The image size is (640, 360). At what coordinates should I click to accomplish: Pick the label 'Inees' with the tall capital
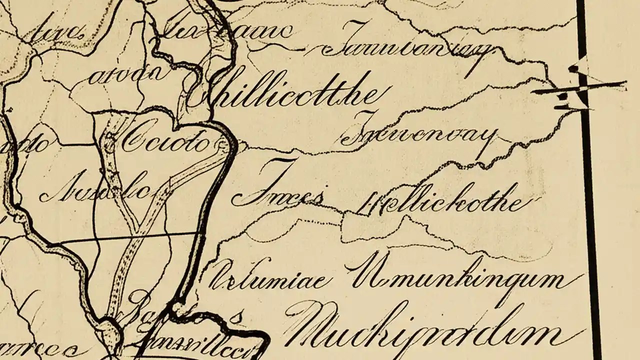pyautogui.click(x=280, y=195)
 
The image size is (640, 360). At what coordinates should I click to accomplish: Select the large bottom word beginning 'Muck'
pyautogui.click(x=430, y=327)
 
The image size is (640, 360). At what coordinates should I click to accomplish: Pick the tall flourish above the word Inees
pyautogui.click(x=280, y=172)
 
